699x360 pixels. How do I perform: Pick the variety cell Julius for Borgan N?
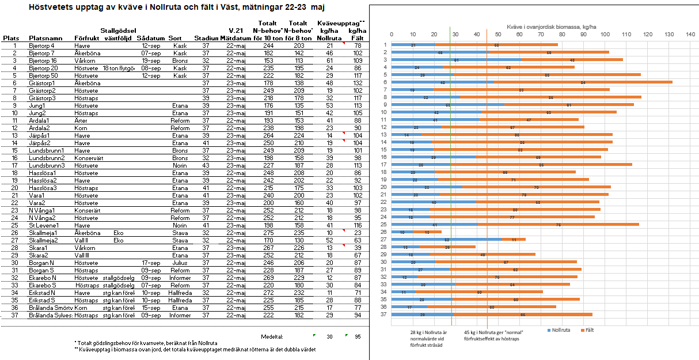coord(179,263)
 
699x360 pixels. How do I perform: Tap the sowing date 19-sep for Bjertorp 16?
coord(151,60)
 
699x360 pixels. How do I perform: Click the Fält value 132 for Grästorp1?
coord(358,83)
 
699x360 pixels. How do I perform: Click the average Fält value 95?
coord(358,336)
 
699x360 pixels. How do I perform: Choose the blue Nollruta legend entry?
coord(558,330)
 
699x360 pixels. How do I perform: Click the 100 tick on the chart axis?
coord(605,35)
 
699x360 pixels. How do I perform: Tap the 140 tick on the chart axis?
coord(690,35)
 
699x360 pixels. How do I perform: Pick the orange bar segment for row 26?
coord(427,232)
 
